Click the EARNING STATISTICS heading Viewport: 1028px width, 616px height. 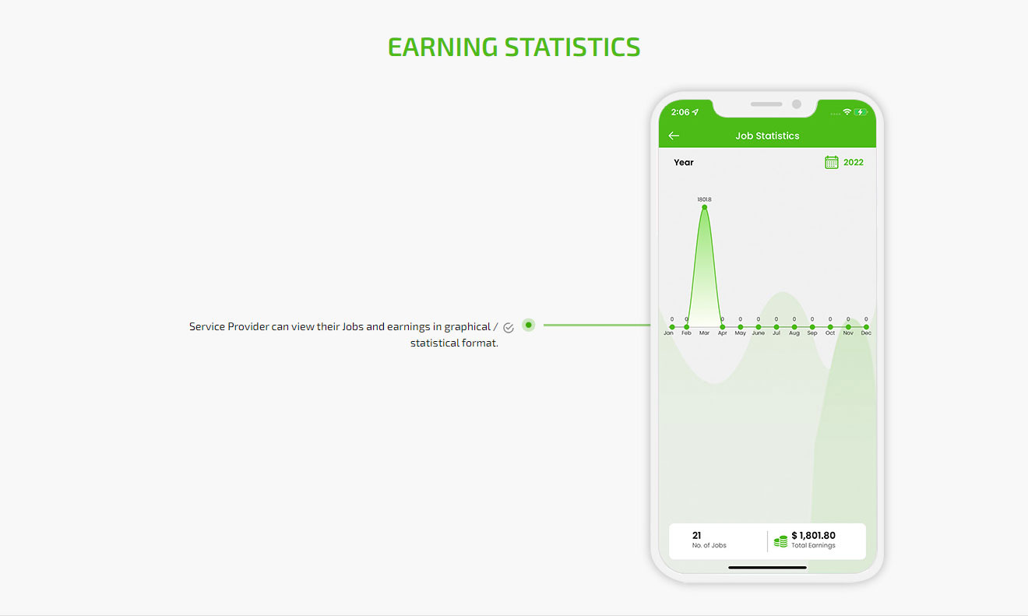513,48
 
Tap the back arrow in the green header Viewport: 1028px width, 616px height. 674,136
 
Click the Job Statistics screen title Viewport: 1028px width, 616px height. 767,136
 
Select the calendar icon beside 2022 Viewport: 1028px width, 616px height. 831,162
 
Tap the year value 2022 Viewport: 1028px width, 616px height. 853,163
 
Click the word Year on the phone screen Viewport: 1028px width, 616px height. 683,163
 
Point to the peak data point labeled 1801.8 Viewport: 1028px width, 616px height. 705,207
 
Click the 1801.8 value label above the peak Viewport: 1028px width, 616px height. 704,199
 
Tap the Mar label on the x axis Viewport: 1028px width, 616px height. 704,333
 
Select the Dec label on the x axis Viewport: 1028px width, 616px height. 866,333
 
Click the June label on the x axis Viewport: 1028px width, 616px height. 759,333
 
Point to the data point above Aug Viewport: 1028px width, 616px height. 794,327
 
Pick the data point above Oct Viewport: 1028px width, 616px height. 830,327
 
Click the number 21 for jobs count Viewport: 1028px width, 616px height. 697,535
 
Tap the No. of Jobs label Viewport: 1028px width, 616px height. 709,545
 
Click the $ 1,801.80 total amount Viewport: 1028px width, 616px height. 813,535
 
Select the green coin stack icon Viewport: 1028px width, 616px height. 780,541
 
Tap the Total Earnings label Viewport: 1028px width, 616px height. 813,545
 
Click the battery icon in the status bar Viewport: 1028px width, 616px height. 861,112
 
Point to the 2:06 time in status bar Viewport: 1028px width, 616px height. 680,112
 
